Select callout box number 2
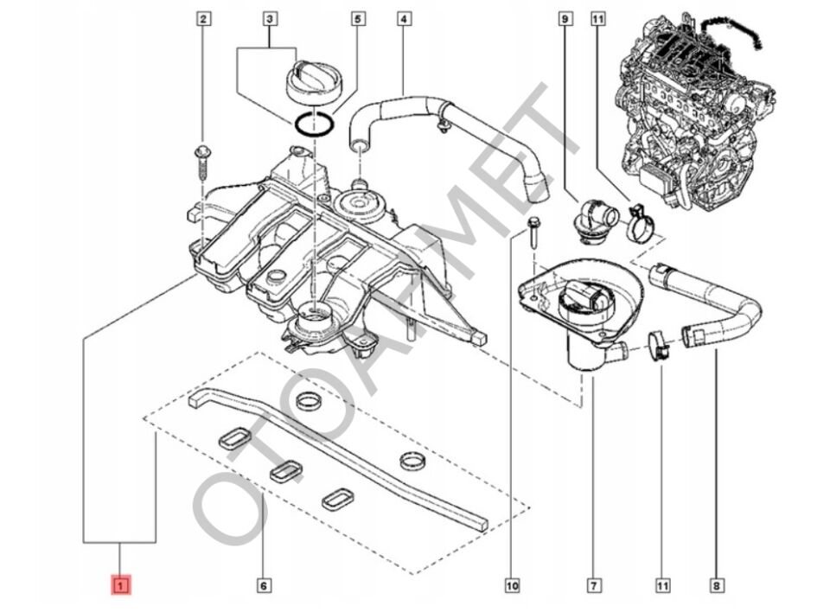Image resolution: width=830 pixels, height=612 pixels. pos(203,18)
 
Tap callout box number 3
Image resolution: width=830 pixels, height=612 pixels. pos(270,18)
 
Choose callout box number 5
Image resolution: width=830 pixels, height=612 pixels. pos(355,18)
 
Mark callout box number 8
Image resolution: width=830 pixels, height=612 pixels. pos(716,586)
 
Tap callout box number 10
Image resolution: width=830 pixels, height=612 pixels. pos(512,586)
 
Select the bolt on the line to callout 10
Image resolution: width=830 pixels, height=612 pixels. pos(533,230)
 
